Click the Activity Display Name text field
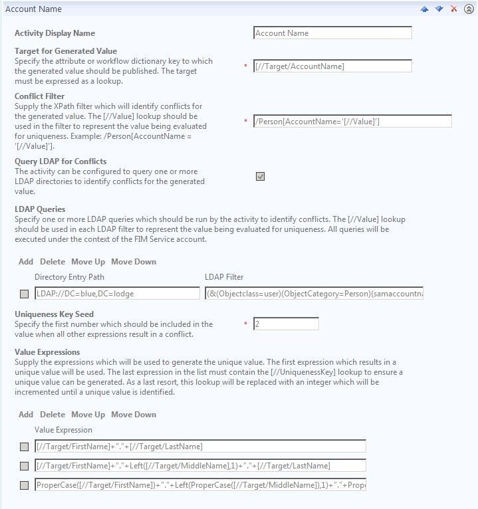tap(332, 33)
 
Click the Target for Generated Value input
tap(332, 66)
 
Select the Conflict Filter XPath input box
tap(352, 121)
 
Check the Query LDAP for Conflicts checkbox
tap(260, 176)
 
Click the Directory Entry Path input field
tap(117, 293)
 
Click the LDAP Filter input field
tap(314, 293)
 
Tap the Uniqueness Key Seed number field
tap(286, 324)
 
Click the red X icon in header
tap(454, 9)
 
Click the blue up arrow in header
tap(424, 9)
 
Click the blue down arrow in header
tap(439, 9)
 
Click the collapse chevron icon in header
tap(469, 9)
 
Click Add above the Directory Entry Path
tap(26, 262)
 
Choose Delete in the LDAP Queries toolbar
tap(53, 262)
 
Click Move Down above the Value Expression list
tap(134, 415)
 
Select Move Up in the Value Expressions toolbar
tap(88, 415)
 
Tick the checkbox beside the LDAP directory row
tap(25, 294)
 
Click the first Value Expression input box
tap(200, 446)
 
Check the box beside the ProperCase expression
tap(25, 485)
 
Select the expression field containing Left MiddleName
tap(200, 466)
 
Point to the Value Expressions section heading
tap(47, 352)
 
